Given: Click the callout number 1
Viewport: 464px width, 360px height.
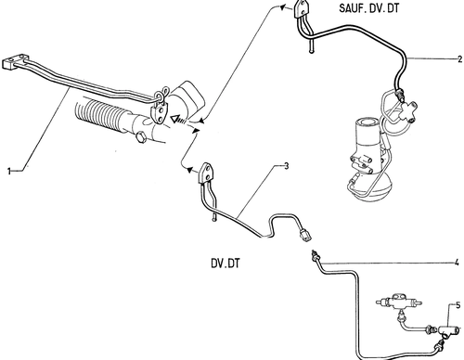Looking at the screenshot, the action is [x=9, y=171].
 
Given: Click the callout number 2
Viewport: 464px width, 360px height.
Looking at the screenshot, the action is [x=459, y=58].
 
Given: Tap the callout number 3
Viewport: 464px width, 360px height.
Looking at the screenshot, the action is [x=286, y=166].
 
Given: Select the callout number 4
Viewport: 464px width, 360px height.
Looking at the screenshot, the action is [x=457, y=263].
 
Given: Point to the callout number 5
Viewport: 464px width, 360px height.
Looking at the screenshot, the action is [x=458, y=305].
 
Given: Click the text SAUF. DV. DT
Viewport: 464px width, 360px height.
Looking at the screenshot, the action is [x=369, y=8].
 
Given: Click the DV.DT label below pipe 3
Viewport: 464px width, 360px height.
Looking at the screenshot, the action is [x=226, y=264].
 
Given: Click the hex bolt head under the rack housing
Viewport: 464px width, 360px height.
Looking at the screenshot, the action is [x=141, y=137].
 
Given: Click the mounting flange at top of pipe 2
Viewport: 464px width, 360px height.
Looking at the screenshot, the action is [x=301, y=9].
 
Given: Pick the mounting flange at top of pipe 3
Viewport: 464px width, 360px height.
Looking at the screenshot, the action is [x=205, y=174].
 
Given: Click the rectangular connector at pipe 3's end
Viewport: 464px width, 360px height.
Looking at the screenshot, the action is [x=304, y=234].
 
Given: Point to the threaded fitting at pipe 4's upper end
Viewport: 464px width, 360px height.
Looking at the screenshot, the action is [x=316, y=256].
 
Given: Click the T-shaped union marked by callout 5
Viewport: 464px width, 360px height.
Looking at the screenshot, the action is [x=446, y=332].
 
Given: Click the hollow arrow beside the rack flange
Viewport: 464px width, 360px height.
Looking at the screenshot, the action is [x=177, y=119].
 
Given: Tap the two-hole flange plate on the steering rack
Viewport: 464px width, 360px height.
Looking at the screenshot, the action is [x=159, y=113].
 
